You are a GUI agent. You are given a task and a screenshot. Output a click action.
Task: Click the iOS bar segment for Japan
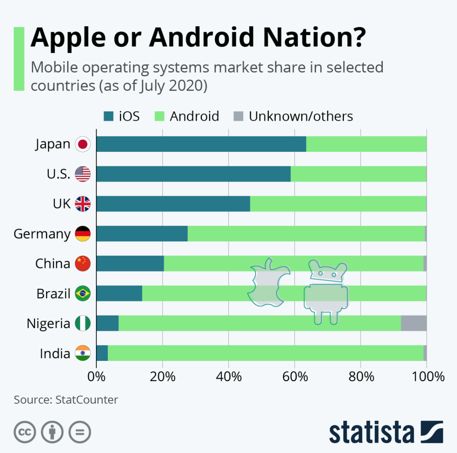(201, 144)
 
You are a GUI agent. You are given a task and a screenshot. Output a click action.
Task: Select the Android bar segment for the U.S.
(358, 174)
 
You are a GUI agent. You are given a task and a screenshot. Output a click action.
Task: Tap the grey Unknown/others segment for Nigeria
(413, 323)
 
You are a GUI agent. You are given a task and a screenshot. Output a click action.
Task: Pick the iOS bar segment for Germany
(142, 234)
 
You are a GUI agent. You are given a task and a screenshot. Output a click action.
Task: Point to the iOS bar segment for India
(102, 353)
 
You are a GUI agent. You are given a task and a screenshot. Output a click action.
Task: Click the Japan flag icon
(83, 144)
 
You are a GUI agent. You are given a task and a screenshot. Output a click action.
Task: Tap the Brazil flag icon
(83, 294)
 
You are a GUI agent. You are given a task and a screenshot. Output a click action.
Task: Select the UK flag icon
(83, 204)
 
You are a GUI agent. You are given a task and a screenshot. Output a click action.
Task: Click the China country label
(53, 264)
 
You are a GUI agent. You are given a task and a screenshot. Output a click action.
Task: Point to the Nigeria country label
(48, 324)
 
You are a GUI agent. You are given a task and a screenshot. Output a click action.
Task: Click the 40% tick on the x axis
(228, 377)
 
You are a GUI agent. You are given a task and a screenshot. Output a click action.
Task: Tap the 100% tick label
(428, 377)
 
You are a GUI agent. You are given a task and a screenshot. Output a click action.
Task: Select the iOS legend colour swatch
(109, 116)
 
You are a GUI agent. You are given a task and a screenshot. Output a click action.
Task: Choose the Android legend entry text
(194, 116)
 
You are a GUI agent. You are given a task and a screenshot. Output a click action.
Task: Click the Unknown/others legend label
(301, 116)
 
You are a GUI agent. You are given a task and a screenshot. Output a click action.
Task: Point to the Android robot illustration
(326, 292)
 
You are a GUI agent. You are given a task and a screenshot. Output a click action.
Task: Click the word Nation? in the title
(314, 38)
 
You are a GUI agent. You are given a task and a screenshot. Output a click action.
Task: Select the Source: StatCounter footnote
(66, 400)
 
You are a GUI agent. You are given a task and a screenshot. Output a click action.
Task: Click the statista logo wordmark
(371, 432)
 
